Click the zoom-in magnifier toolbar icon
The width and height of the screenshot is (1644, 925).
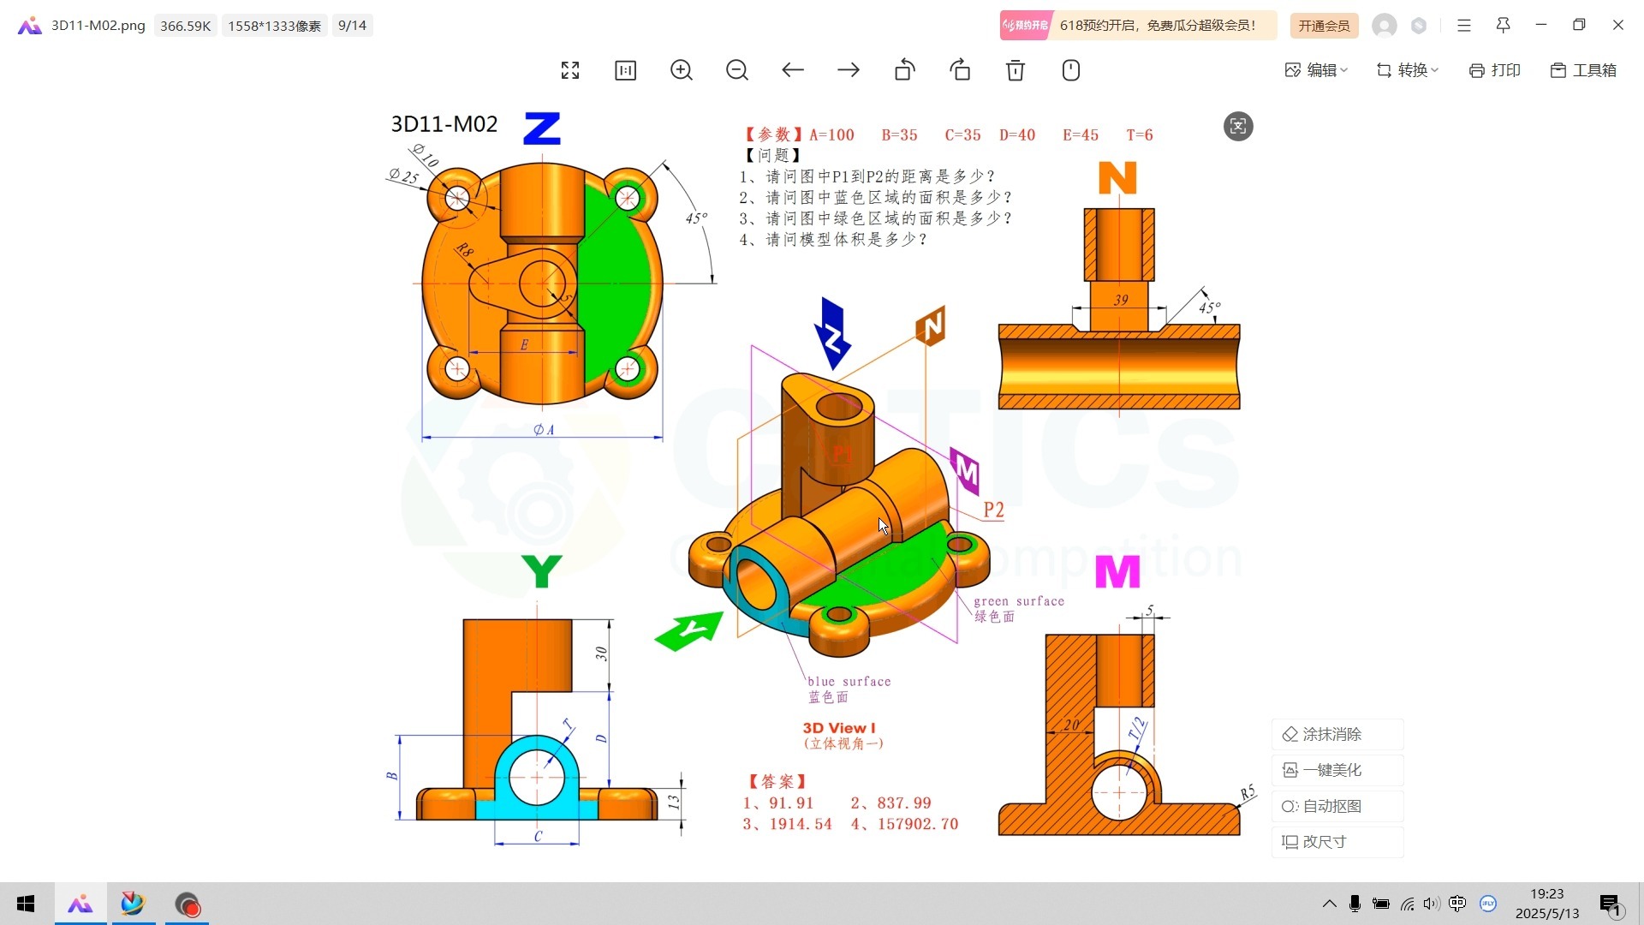tap(682, 70)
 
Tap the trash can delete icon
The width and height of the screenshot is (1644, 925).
tap(1016, 70)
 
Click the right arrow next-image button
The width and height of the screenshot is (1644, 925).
tap(849, 70)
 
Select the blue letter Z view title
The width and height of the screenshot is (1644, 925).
tap(542, 128)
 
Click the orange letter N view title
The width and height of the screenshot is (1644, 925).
tap(1117, 178)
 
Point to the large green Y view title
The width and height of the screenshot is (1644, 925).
tap(541, 571)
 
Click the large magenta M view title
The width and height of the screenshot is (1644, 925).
tap(1117, 572)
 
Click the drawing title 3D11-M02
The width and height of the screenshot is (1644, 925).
tap(444, 124)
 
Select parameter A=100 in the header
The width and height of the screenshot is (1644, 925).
tap(831, 135)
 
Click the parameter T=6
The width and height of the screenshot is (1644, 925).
tap(1139, 135)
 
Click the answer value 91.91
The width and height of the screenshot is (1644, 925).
tap(790, 803)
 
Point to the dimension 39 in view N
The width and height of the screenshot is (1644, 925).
tap(1121, 301)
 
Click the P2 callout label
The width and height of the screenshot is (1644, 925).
tap(993, 510)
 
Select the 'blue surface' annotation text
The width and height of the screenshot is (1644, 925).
tap(849, 682)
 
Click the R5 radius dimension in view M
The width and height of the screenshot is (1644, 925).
tap(1248, 792)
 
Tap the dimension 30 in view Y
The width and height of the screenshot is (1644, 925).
tap(601, 653)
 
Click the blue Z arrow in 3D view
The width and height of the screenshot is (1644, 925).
tap(831, 334)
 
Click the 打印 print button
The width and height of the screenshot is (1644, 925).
tap(1495, 70)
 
